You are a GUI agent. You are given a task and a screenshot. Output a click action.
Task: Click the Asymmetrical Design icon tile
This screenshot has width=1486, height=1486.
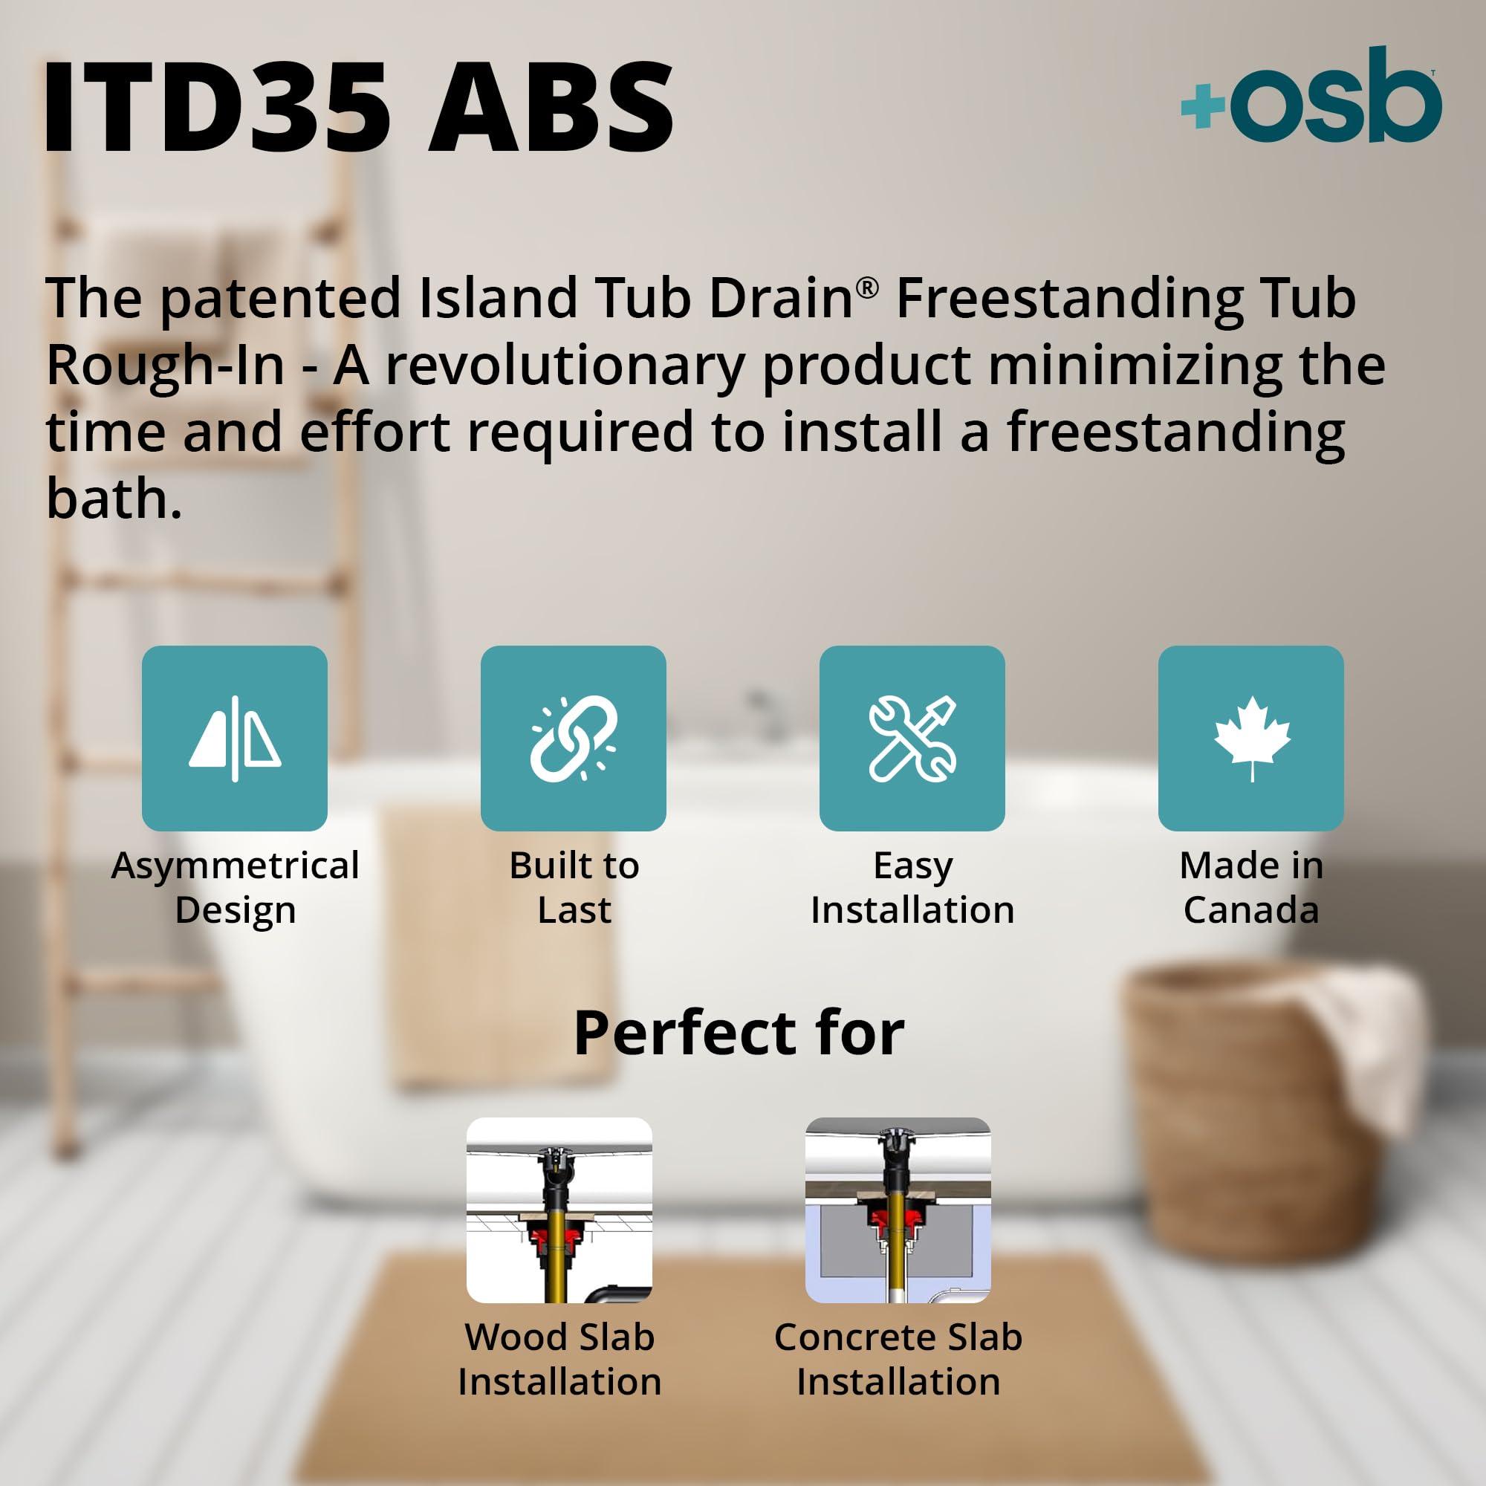coord(235,739)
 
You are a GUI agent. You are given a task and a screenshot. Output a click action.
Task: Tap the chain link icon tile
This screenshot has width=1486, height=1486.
coord(573,739)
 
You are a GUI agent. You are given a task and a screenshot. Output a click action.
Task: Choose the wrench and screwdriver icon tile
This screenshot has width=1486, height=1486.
coord(912,739)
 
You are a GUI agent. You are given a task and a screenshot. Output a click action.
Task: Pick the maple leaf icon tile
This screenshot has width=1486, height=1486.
coord(1250,739)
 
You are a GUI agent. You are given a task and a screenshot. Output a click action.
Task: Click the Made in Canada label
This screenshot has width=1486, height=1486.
coord(1250,888)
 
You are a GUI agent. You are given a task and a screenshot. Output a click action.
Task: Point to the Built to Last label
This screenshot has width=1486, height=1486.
coord(574,888)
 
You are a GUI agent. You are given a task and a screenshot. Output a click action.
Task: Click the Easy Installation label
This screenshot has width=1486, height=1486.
coord(912,888)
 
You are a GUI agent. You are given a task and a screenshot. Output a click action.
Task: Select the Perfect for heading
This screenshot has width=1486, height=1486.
coord(739,1033)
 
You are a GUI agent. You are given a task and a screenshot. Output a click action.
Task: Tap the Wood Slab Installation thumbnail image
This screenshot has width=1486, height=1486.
coord(559,1210)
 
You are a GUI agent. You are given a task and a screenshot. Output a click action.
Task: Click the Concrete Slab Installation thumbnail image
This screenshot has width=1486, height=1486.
coord(898,1210)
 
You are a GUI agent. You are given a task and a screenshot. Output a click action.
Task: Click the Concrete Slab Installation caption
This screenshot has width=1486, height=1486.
coord(898,1359)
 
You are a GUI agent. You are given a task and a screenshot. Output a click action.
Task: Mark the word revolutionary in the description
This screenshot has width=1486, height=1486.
coord(564,365)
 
